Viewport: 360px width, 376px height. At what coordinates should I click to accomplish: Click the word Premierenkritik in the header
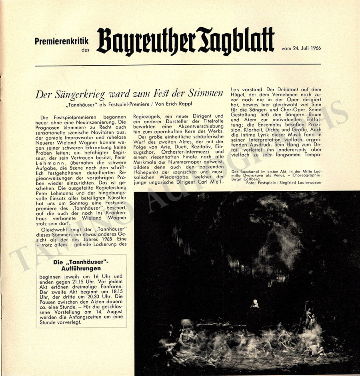click(x=62, y=41)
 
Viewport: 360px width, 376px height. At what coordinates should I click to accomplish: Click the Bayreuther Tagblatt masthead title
click(x=185, y=41)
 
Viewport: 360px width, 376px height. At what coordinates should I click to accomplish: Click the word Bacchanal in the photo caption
click(x=252, y=171)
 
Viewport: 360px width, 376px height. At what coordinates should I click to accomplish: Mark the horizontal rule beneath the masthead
click(x=178, y=65)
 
